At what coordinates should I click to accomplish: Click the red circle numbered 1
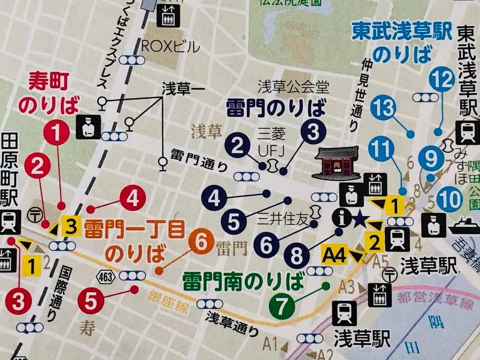pyautogui.click(x=58, y=132)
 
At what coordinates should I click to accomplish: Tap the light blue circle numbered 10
pyautogui.click(x=449, y=200)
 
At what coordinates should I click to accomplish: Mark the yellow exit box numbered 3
pyautogui.click(x=71, y=226)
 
